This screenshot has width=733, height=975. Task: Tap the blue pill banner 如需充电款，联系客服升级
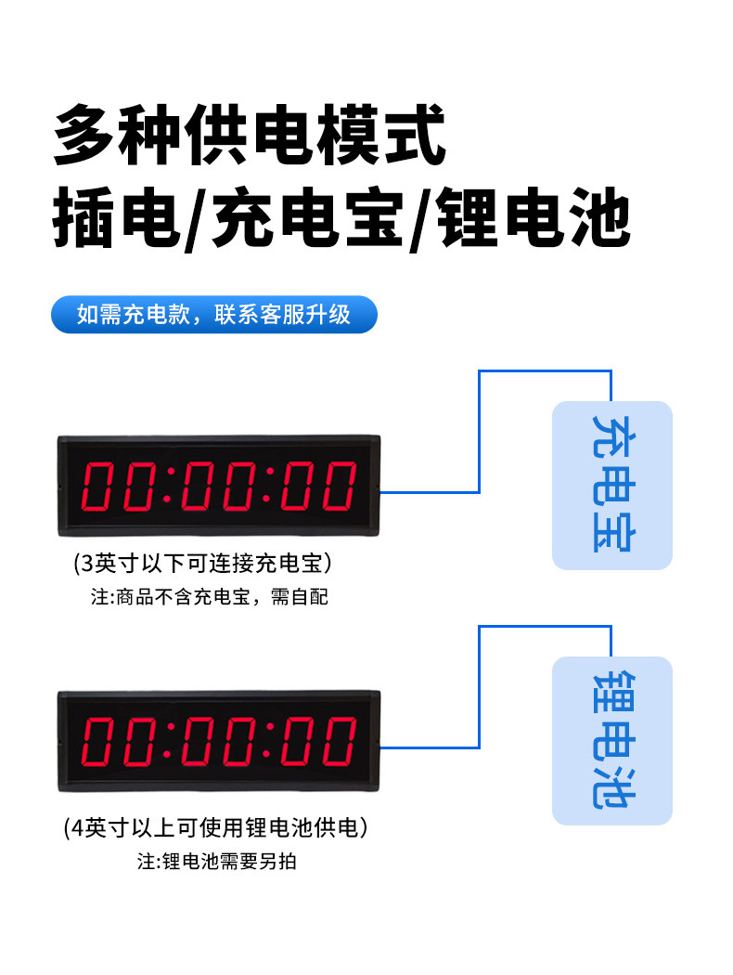coord(213,314)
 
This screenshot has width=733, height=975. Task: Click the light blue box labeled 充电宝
coord(611,485)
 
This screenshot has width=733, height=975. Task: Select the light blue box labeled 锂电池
coord(611,740)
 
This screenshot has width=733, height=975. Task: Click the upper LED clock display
coord(219,486)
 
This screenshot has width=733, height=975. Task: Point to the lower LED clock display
coord(219,741)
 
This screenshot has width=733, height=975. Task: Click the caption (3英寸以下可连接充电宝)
coord(202,563)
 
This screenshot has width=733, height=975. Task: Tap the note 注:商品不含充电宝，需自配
coord(209,597)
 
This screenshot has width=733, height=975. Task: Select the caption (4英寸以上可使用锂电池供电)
coord(215,826)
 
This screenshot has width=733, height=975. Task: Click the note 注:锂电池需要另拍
coord(217,861)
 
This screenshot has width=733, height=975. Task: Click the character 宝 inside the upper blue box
coord(611,533)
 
